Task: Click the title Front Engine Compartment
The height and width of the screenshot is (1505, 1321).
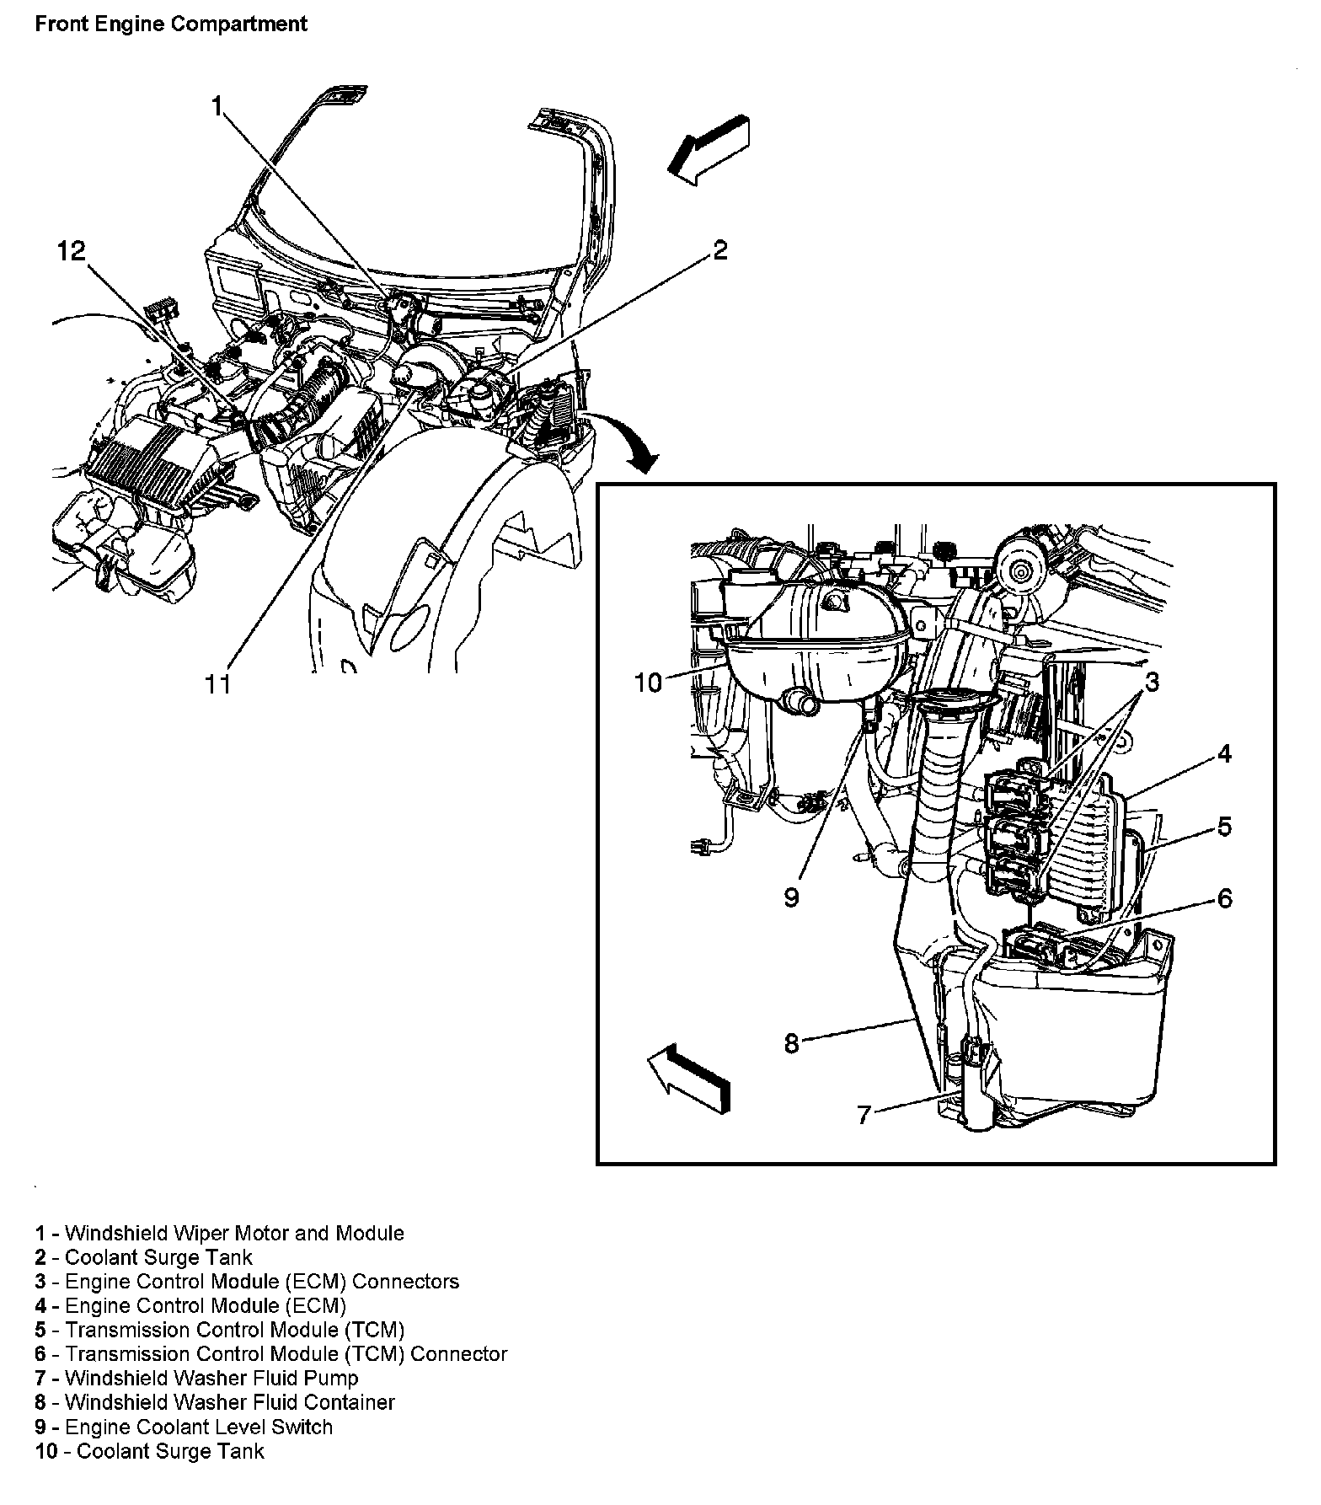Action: point(171,24)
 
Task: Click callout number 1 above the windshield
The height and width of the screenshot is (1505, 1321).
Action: point(217,106)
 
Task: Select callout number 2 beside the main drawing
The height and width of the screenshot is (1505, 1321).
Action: point(719,250)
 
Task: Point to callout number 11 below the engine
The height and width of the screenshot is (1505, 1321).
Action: point(218,683)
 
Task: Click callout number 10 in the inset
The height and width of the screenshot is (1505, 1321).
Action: point(649,682)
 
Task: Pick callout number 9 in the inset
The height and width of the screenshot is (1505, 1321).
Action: point(791,897)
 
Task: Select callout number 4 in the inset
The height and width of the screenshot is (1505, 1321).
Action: point(1223,753)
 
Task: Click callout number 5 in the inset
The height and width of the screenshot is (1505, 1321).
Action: point(1223,827)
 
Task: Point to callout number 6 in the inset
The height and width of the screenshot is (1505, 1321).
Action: point(1223,898)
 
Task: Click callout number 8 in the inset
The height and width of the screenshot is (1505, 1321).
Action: point(791,1043)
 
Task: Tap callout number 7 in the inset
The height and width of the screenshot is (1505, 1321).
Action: point(864,1114)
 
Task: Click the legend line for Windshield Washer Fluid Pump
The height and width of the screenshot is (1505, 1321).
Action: point(197,1378)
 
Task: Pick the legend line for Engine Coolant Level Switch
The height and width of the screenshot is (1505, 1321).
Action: point(185,1427)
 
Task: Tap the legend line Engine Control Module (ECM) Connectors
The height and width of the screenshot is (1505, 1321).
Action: point(247,1282)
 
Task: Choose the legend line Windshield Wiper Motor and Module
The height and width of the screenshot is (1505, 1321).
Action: point(219,1233)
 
